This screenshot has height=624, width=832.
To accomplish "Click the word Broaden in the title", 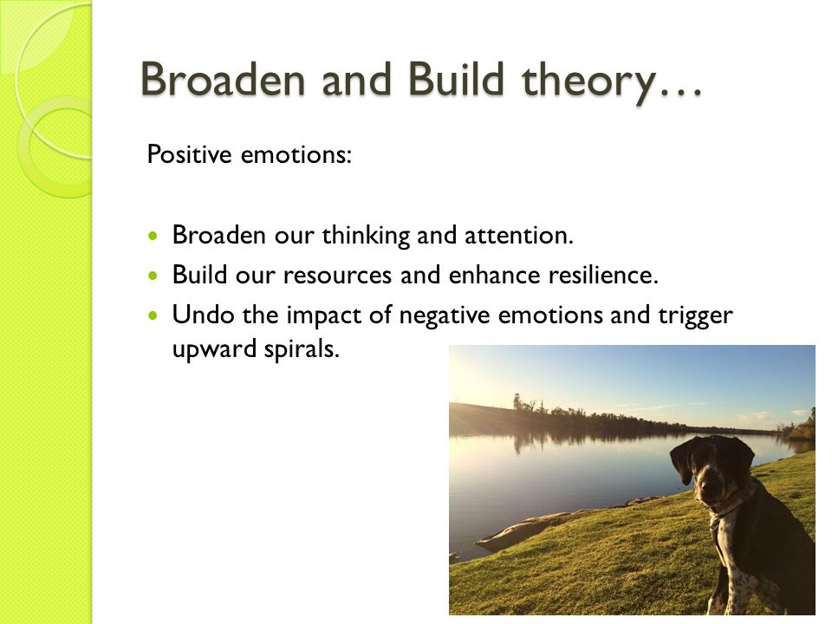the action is [x=224, y=80].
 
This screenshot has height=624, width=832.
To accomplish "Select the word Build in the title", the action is [x=456, y=79].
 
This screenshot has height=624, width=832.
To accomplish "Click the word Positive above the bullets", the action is [x=190, y=154].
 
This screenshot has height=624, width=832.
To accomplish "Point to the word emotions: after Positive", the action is [x=296, y=155].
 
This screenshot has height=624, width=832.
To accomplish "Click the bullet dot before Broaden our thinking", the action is [x=154, y=235].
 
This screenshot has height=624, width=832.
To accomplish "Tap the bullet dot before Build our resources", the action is [x=154, y=276].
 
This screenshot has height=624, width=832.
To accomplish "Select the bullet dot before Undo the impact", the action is [x=154, y=315].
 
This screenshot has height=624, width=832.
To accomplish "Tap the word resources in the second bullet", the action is [x=337, y=276].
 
